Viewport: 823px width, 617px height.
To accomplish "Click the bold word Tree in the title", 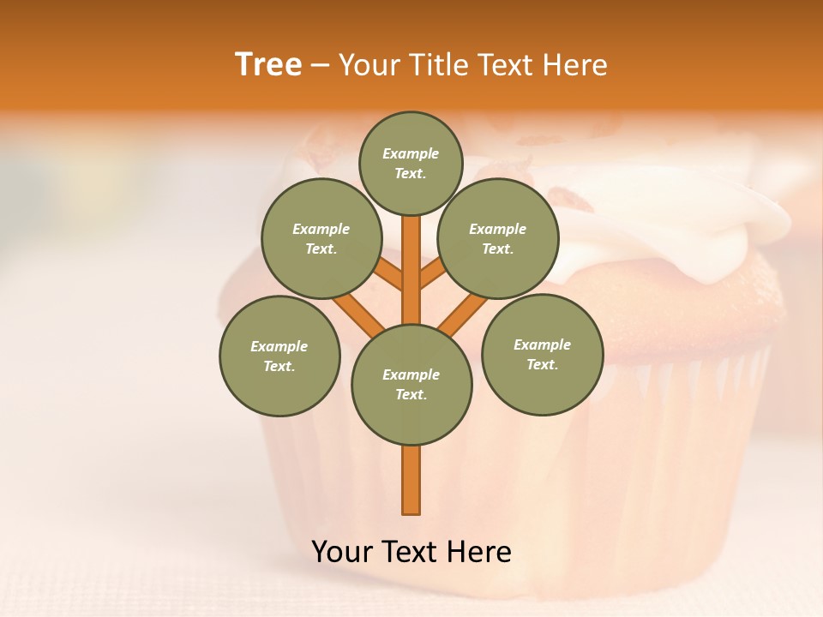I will pos(268,65).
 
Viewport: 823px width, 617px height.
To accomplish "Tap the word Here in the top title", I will pos(575,65).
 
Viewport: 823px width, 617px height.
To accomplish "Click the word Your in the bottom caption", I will pos(344,552).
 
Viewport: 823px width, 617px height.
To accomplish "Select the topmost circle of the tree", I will pos(411,163).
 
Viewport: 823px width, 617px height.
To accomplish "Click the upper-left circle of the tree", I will pos(321,238).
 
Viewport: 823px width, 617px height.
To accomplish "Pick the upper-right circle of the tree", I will pos(497,238).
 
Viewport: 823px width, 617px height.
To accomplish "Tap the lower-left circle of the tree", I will pos(279,356).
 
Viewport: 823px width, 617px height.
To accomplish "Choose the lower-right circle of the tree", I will pos(542,354).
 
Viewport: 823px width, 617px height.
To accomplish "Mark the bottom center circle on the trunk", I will pos(411,385).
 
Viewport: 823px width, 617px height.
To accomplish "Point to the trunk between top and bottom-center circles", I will pos(411,270).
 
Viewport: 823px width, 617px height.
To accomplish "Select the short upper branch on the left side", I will pos(389,274).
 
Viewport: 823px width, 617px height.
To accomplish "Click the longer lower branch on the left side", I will pos(357,313).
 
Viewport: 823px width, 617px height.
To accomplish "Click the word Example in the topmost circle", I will pos(411,153).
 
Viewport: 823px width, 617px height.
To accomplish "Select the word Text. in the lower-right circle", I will pos(542,364).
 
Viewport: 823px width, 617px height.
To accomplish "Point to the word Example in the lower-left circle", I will pos(279,346).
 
